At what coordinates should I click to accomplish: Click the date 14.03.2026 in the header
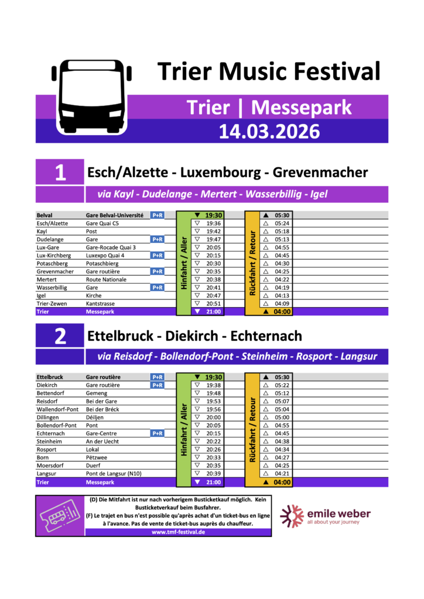coord(270,130)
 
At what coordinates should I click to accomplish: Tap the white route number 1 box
coord(60,173)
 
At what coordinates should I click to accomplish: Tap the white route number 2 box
coord(60,336)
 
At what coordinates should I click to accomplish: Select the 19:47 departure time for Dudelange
coord(213,239)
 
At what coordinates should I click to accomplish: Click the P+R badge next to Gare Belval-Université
coord(157,215)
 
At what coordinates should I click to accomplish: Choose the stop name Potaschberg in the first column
coord(52,263)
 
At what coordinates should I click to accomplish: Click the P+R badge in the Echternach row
coord(157,433)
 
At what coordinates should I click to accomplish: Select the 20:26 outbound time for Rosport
coord(213,449)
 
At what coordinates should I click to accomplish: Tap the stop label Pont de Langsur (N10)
coord(113,473)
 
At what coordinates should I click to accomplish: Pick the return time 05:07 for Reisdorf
coord(282,401)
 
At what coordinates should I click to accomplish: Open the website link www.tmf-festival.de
coord(177,532)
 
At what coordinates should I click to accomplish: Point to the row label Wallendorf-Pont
coord(57,409)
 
